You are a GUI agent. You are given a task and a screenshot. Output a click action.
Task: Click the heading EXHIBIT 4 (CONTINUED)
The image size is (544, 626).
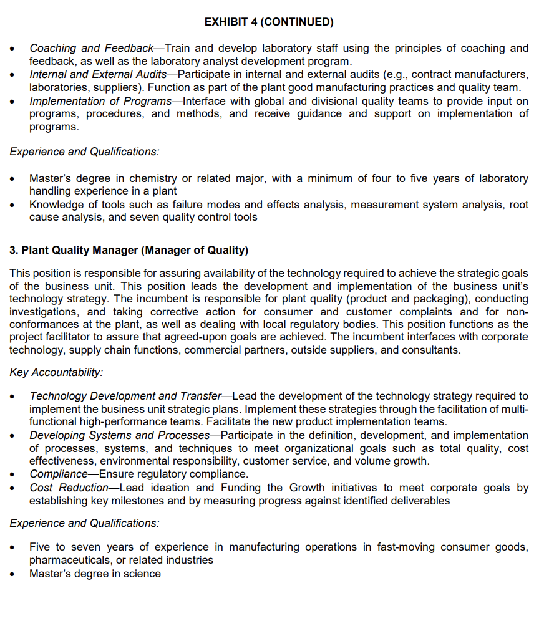(269, 22)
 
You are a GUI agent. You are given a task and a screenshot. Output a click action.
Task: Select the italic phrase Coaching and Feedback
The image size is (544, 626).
(91, 48)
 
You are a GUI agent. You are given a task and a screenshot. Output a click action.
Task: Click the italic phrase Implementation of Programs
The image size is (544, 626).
(100, 101)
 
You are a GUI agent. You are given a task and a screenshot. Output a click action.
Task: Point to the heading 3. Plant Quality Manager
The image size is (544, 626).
(129, 251)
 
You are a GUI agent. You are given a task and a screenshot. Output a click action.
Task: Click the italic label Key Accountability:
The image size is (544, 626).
(56, 372)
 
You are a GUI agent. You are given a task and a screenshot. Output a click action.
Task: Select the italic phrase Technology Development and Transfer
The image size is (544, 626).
(125, 396)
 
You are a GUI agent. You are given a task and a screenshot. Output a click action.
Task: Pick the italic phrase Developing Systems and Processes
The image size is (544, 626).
(119, 435)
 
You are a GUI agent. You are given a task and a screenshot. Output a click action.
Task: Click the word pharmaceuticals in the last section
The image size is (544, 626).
(70, 560)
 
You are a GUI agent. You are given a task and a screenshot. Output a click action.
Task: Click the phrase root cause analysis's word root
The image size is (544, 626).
(518, 205)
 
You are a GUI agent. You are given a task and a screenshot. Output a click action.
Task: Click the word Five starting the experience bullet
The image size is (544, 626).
(41, 547)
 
